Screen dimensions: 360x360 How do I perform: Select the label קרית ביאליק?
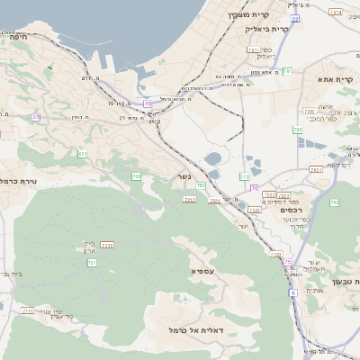click(267, 29)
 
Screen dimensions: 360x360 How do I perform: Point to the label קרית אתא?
click(336, 79)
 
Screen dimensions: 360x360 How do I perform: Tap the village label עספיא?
click(202, 271)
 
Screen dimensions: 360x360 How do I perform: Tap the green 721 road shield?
click(92, 263)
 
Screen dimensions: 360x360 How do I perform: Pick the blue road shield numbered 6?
click(292, 293)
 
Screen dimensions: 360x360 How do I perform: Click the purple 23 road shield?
click(36, 117)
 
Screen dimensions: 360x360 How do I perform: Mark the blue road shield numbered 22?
click(294, 18)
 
